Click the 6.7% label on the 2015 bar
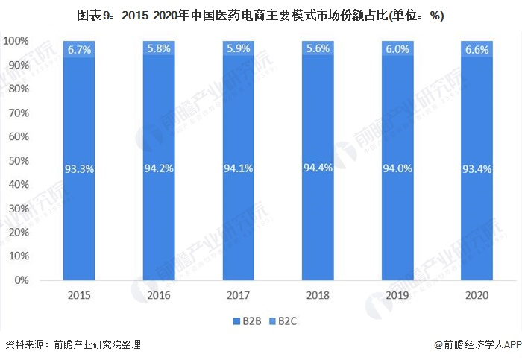[x=79, y=49]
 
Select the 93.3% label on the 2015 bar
[x=79, y=169]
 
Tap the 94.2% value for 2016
[x=158, y=168]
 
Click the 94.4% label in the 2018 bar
[x=317, y=168]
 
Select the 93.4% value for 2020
[x=476, y=169]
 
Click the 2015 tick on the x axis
[x=79, y=295]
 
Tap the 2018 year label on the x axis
[x=317, y=295]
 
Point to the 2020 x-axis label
[x=476, y=295]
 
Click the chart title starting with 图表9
[x=260, y=16]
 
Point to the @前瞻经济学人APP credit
[x=476, y=344]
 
